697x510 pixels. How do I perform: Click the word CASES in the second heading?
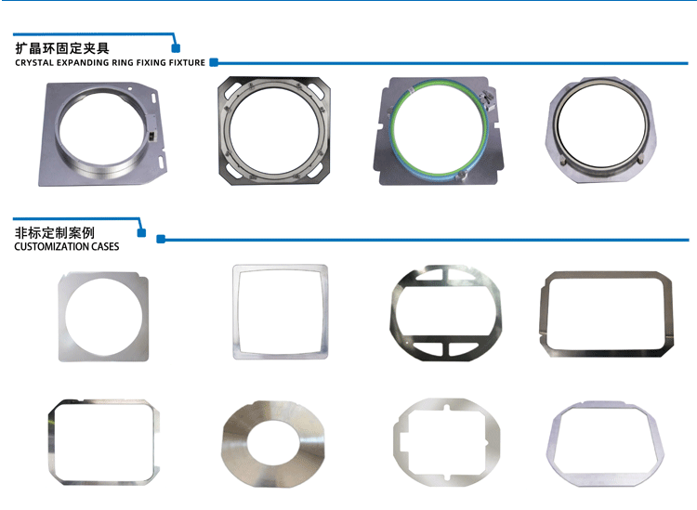[x=105, y=246]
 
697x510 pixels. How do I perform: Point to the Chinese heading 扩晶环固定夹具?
[x=62, y=48]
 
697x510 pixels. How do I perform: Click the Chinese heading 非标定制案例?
[x=54, y=232]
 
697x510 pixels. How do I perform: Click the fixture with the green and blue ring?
[x=439, y=131]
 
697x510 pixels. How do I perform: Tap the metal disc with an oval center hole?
[x=231, y=444]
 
